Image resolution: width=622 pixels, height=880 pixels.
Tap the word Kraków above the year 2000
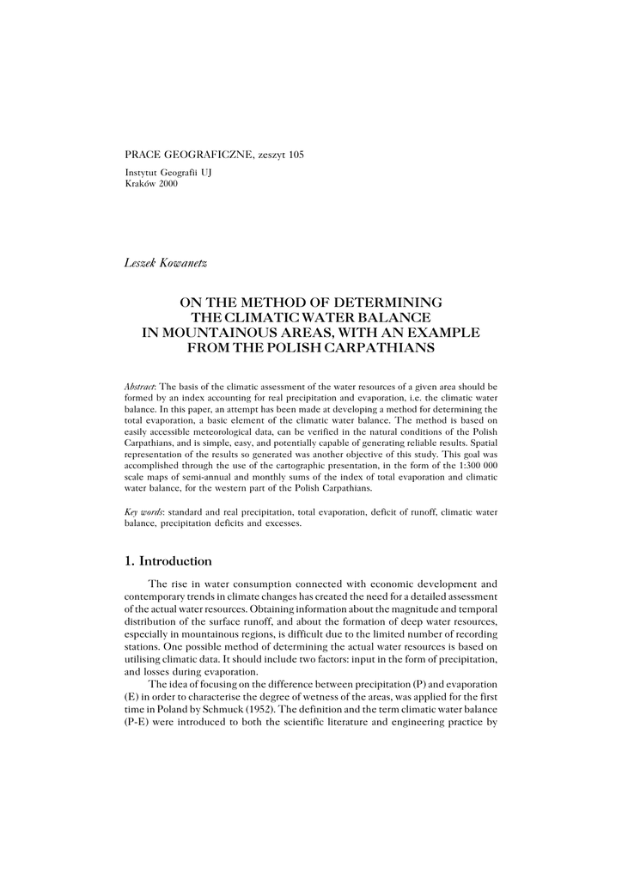[140, 184]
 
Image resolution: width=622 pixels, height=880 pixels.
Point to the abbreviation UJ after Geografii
[205, 173]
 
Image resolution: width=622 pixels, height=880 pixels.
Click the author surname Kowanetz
[182, 262]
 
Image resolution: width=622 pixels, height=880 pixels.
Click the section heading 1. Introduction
[168, 561]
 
